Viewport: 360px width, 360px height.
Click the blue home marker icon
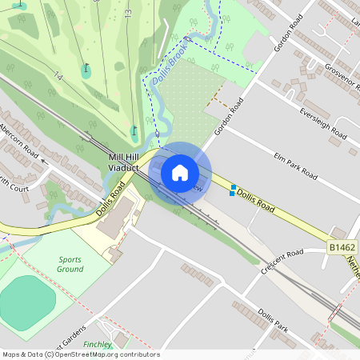click(180, 172)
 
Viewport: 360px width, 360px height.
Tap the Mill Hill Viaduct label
click(123, 163)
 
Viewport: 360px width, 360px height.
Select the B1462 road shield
click(342, 248)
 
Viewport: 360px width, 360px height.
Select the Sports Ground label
click(70, 264)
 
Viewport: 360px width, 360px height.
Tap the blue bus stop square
click(233, 190)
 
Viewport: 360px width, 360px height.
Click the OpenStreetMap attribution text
click(80, 354)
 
